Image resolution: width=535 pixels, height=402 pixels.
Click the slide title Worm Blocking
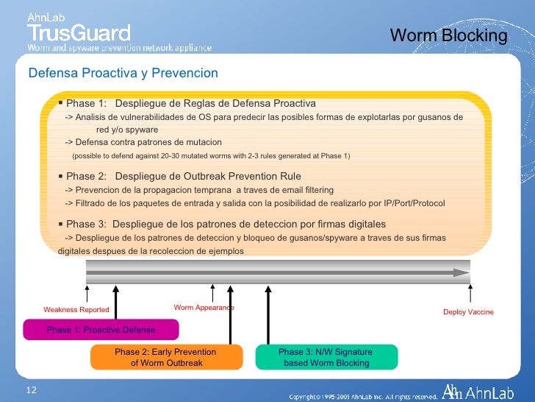(x=448, y=35)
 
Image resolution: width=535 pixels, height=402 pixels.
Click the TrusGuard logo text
(x=79, y=32)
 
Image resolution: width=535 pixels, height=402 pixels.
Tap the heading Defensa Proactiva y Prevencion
(x=123, y=73)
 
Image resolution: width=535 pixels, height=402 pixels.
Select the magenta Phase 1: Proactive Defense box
(x=101, y=329)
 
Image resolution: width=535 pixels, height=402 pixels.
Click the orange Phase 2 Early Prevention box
(x=166, y=357)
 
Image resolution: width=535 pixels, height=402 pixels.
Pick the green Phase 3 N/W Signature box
(x=326, y=357)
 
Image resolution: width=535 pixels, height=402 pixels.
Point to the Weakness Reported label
(x=76, y=310)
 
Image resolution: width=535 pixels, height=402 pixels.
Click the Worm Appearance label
(x=204, y=307)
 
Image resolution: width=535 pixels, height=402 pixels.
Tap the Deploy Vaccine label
(x=468, y=312)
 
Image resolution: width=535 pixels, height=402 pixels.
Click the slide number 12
(x=31, y=389)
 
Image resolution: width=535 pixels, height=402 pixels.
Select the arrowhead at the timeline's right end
(x=462, y=272)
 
